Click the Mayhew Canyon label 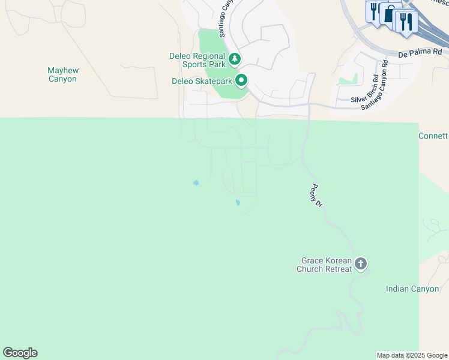point(63,74)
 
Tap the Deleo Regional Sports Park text point(196,61)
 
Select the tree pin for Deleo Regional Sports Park point(235,59)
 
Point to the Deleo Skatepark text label point(202,81)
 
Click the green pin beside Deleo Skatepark point(241,80)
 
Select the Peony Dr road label point(317,196)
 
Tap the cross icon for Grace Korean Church point(361,263)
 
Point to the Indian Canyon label point(412,289)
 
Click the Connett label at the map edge point(433,136)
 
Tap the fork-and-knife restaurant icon point(408,22)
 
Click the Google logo point(20,353)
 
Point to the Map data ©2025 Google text point(412,355)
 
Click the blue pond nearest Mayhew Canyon point(196,182)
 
